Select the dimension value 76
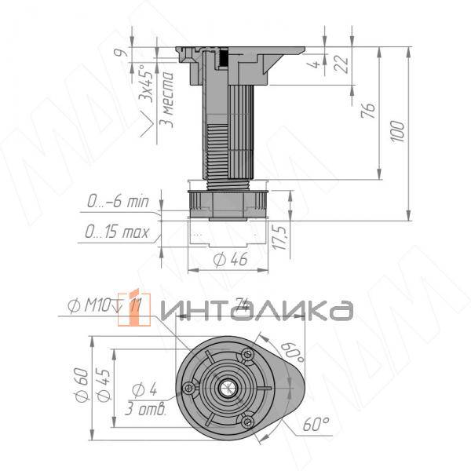click(x=368, y=110)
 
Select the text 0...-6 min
click(x=117, y=203)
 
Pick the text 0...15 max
click(x=117, y=233)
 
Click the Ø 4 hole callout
click(x=144, y=389)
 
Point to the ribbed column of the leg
click(x=228, y=133)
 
